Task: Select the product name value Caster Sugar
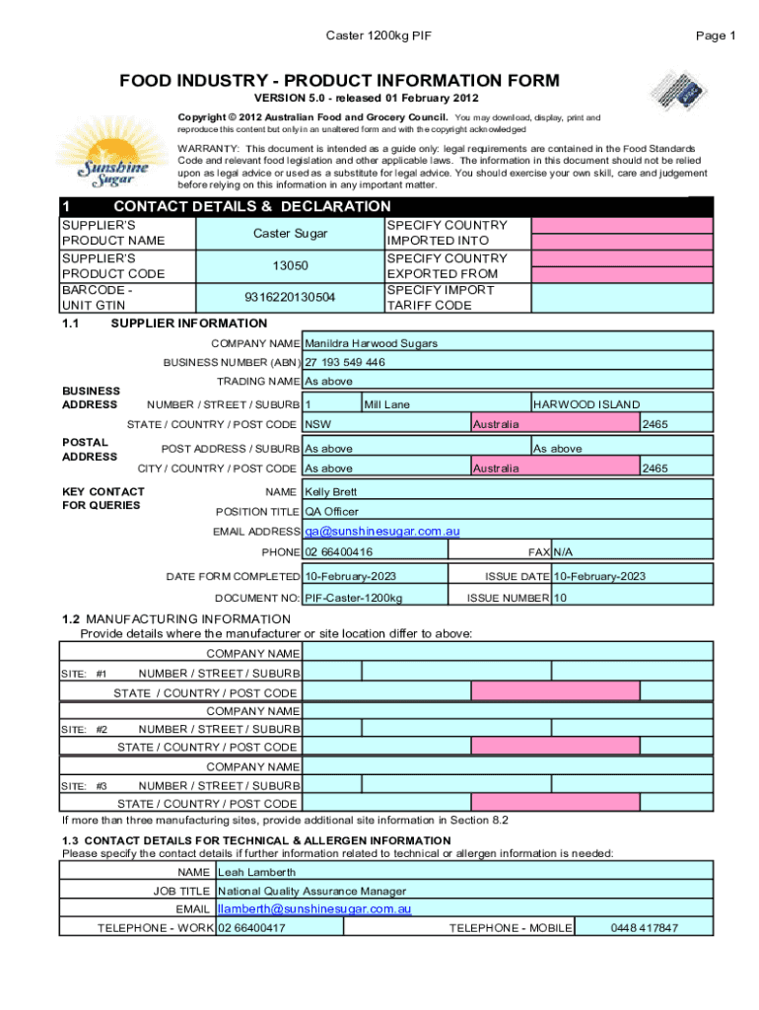(290, 234)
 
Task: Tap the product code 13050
(290, 266)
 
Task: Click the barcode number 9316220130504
(290, 298)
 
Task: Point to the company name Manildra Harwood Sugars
(372, 343)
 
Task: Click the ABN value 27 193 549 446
(345, 362)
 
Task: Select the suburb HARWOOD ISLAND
(586, 404)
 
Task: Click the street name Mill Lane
(386, 404)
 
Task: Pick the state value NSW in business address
(317, 424)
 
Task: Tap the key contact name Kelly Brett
(331, 491)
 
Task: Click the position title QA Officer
(332, 511)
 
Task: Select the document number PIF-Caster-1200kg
(353, 598)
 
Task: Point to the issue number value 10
(560, 598)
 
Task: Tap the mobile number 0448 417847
(644, 928)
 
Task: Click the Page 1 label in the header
(716, 36)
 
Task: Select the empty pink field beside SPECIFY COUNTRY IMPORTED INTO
(622, 226)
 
